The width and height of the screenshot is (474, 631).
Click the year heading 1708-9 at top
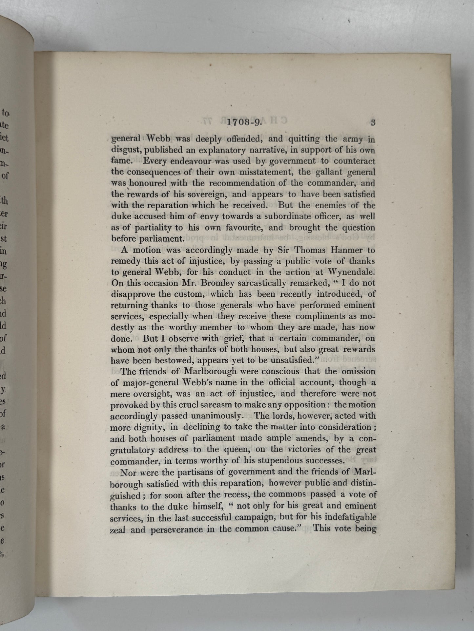pyautogui.click(x=244, y=122)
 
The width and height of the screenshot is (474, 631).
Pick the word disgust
pyautogui.click(x=126, y=150)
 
